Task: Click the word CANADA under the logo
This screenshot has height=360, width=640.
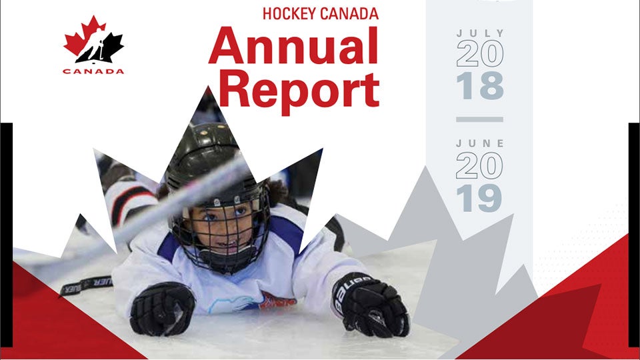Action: pyautogui.click(x=93, y=71)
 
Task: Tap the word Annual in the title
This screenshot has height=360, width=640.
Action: pyautogui.click(x=293, y=46)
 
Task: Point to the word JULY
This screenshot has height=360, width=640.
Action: pyautogui.click(x=479, y=33)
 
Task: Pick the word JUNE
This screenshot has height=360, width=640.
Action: pyautogui.click(x=479, y=143)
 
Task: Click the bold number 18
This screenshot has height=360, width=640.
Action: pyautogui.click(x=479, y=87)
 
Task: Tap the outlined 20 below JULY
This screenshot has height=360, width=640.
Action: pyautogui.click(x=479, y=55)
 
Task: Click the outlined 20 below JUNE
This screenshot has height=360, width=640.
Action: pyautogui.click(x=479, y=166)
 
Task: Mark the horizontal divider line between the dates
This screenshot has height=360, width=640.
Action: pyautogui.click(x=479, y=120)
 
